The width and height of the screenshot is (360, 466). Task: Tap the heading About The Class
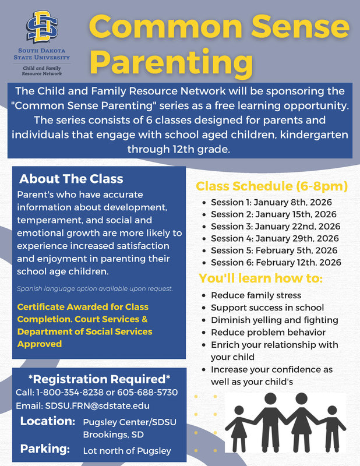71,178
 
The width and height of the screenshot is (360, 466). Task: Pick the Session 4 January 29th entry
274,238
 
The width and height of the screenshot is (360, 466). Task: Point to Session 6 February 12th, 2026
276,263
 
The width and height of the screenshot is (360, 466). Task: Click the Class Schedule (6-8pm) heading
271,186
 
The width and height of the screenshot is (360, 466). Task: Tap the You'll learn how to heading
260,278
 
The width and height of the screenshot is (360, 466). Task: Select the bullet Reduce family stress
256,296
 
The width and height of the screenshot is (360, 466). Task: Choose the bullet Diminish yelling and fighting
274,320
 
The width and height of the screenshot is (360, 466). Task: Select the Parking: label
45,449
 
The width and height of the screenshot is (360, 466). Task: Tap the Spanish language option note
95,289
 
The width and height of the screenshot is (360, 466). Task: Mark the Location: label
47,421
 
